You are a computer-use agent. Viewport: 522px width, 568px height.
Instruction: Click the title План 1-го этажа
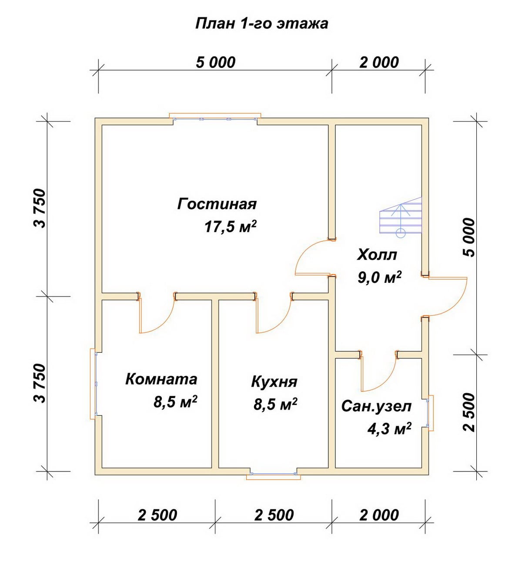[x=262, y=24]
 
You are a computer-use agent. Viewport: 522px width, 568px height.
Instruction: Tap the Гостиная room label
[x=217, y=204]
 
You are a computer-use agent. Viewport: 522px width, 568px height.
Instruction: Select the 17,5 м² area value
[x=231, y=227]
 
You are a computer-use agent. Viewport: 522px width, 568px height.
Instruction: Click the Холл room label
[x=377, y=255]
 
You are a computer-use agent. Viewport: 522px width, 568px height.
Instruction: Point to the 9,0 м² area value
[x=380, y=277]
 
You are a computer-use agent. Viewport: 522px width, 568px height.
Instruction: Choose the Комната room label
[x=161, y=379]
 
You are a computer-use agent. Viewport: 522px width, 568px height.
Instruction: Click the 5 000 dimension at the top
[x=215, y=63]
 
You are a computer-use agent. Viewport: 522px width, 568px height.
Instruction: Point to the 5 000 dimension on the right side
[x=469, y=237]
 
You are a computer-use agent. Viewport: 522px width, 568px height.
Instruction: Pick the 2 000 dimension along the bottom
[x=379, y=515]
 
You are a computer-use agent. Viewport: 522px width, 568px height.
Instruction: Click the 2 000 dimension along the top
[x=379, y=63]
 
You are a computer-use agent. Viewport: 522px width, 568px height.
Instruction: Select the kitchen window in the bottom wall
[x=274, y=474]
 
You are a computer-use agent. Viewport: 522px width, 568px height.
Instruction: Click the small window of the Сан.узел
[x=430, y=413]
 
